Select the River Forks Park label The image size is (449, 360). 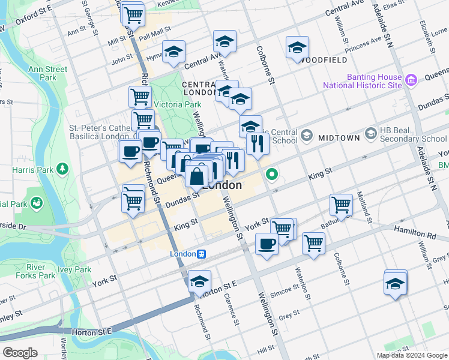tap(40, 271)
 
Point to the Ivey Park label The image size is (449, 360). tap(75, 270)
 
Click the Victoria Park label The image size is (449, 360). tap(177, 104)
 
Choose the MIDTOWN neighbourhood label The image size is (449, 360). tap(339, 137)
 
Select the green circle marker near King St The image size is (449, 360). tap(272, 175)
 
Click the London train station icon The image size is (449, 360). tap(203, 254)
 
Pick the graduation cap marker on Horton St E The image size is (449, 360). tap(200, 281)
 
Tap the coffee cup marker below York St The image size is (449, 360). tap(266, 244)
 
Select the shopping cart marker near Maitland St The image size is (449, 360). tap(341, 205)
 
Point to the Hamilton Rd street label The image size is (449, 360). tap(412, 231)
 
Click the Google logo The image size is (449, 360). tap(20, 353)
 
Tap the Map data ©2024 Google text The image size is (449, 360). tap(411, 355)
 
